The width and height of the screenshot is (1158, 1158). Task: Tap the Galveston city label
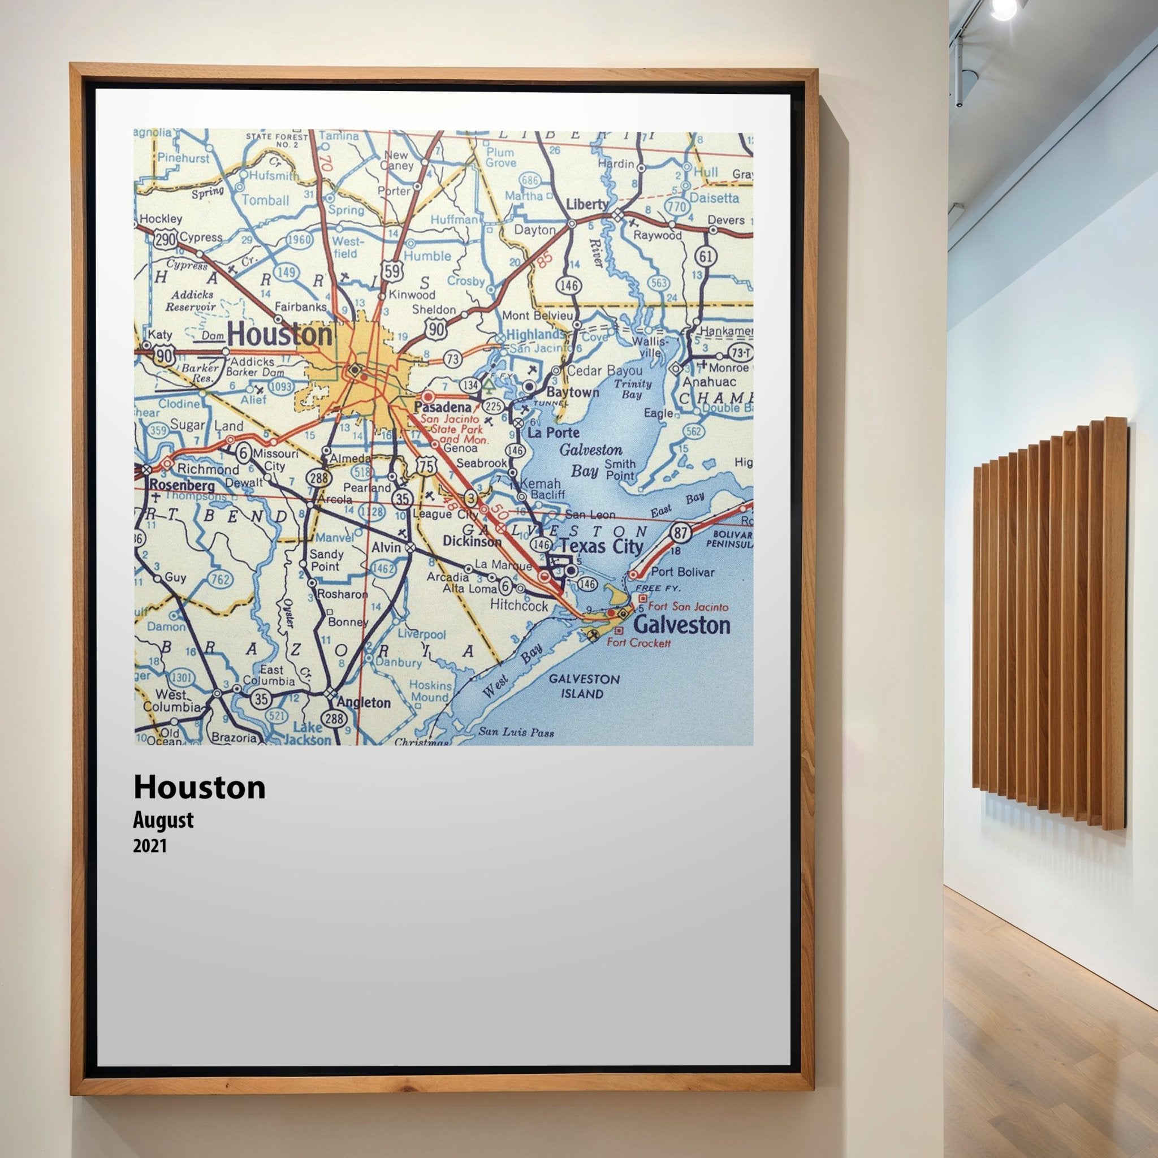coord(681,625)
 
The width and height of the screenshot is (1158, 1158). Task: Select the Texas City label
coord(601,546)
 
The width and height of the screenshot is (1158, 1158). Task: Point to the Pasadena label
coord(443,407)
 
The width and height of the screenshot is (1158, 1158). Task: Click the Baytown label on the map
coord(572,392)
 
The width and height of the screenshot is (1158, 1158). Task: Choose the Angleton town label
coord(363,702)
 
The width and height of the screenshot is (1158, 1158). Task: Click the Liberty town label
coord(587,204)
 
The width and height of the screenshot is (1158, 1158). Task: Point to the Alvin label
coord(386,547)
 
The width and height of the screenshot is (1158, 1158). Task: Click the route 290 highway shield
coord(166,239)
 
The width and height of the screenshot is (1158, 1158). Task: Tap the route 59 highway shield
coord(392,271)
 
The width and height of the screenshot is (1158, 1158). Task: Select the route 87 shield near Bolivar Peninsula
coord(680,532)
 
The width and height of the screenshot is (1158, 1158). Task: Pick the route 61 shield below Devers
coord(706,257)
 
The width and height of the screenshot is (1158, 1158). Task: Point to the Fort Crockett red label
coord(638,642)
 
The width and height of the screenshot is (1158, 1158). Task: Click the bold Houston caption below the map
coord(199,788)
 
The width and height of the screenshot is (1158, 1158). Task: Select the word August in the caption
coord(163,820)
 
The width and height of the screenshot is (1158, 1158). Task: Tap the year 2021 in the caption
coord(150,846)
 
